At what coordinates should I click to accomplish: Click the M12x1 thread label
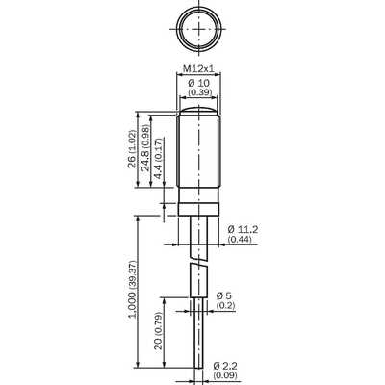click(198, 68)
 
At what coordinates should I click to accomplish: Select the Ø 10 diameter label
click(198, 83)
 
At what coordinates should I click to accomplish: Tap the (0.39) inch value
click(199, 92)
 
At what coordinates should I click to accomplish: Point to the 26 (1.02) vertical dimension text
click(131, 149)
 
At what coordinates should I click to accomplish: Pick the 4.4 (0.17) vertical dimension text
click(158, 159)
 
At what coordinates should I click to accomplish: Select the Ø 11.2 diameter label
click(243, 229)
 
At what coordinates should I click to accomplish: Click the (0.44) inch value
click(240, 239)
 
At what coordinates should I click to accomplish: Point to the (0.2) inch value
click(225, 305)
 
